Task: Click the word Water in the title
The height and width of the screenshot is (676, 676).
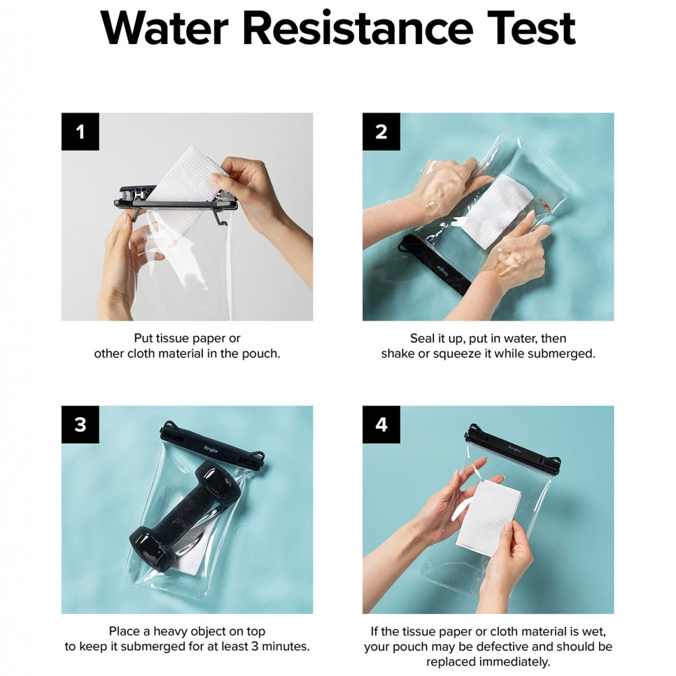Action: tap(164, 28)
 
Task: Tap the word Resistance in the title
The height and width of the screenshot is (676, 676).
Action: tap(358, 28)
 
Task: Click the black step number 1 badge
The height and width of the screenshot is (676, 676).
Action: tap(80, 132)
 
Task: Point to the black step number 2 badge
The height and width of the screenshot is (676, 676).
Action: tap(381, 132)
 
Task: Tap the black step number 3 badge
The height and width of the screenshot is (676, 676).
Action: tap(80, 425)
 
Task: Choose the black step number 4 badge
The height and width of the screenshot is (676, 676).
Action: tap(381, 425)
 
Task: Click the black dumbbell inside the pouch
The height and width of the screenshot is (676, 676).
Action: tap(184, 510)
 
